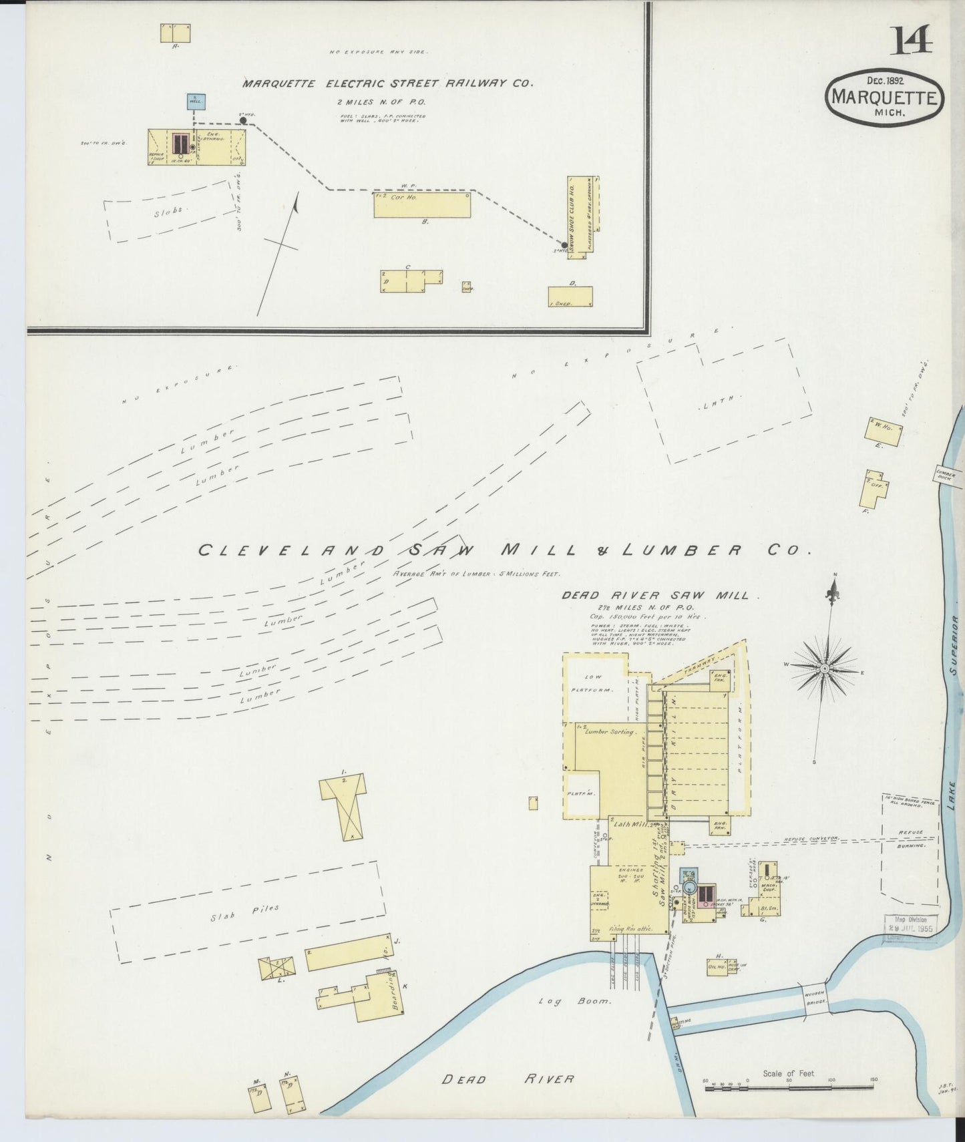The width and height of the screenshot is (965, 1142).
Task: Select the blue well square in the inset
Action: pyautogui.click(x=196, y=102)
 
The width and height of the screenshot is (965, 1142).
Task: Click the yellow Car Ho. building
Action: pyautogui.click(x=421, y=205)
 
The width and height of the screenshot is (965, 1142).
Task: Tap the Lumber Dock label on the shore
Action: pyautogui.click(x=946, y=475)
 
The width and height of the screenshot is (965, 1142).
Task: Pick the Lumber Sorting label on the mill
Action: pyautogui.click(x=609, y=732)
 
